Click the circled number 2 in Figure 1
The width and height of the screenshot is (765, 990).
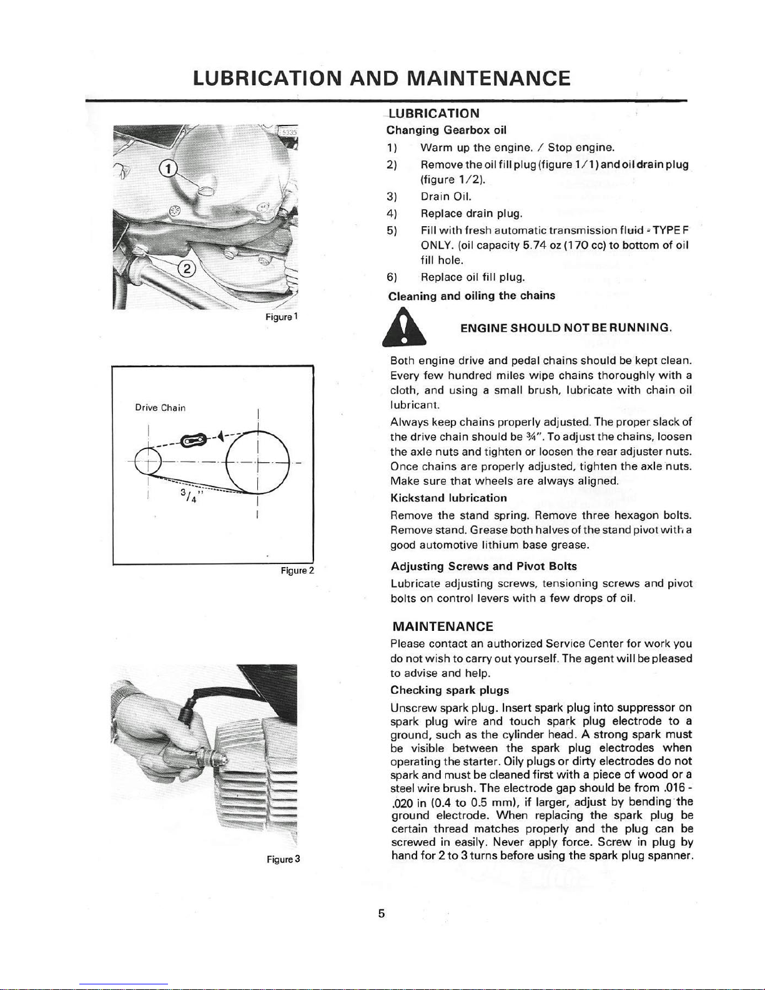pos(187,270)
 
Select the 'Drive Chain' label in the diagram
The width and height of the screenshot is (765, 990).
pos(160,408)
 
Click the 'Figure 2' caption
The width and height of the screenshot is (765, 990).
pos(297,570)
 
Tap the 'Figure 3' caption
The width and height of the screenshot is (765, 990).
pos(284,859)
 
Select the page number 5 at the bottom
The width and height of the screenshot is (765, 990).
pos(381,914)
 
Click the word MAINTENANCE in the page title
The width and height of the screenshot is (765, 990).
pos(488,79)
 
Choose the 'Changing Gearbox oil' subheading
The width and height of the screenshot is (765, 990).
pos(446,131)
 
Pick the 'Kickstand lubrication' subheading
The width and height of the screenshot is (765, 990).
pos(448,498)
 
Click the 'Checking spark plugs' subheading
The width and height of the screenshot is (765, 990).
pos(450,690)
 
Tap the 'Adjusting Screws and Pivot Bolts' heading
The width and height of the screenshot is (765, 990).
pos(483,567)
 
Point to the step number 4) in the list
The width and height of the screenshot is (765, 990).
pos(392,214)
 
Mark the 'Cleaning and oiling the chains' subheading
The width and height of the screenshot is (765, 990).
pos(471,295)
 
